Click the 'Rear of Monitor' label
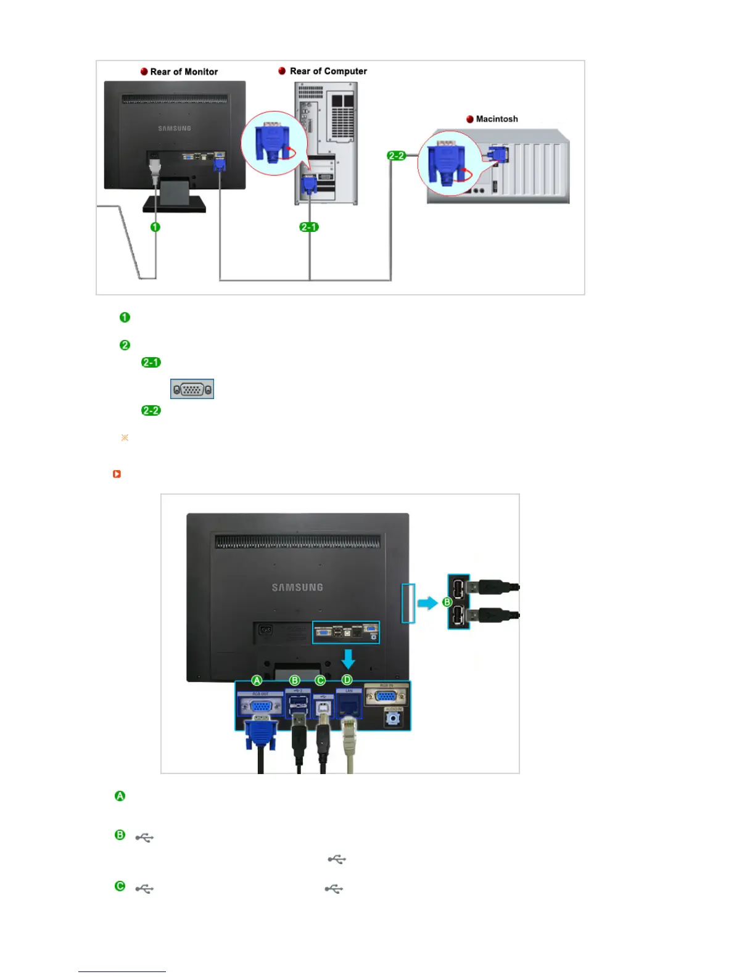tap(184, 72)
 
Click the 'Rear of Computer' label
tap(328, 71)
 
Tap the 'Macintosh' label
tap(497, 119)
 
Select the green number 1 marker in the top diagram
tap(155, 227)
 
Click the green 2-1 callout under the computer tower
tap(308, 227)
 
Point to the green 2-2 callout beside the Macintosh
tap(396, 155)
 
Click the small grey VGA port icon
tap(192, 389)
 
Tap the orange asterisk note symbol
tap(125, 437)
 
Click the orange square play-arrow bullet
tap(117, 474)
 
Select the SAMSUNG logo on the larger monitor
tap(297, 587)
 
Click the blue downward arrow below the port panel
tap(349, 659)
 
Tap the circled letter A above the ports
tap(257, 680)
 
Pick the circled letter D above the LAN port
tap(347, 680)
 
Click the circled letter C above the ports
tap(320, 680)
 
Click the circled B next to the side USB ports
tap(447, 602)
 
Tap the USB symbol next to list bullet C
tap(144, 889)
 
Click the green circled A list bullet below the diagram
tap(120, 796)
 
